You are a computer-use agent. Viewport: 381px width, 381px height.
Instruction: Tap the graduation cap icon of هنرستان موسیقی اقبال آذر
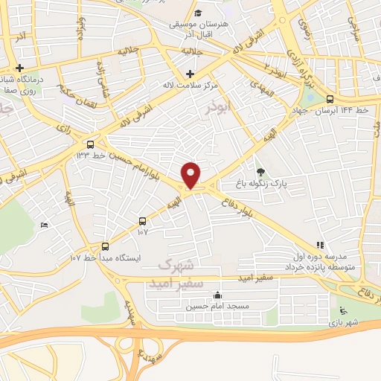click(198, 13)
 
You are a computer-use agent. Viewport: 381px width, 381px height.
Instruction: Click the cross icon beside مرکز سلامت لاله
click(190, 74)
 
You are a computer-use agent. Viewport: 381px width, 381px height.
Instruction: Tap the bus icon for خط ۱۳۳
click(91, 144)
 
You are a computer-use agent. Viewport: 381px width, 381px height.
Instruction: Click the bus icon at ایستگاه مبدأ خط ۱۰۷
click(104, 246)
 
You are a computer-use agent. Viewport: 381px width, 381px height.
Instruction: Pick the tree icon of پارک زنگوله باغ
click(260, 171)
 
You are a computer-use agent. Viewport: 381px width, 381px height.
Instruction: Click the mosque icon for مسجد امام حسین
click(217, 295)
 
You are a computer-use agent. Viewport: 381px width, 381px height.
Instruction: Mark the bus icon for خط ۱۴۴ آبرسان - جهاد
click(330, 99)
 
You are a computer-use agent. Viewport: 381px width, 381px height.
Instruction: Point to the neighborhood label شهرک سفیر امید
click(181, 270)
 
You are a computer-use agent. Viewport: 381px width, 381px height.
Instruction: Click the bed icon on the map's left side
click(44, 224)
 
